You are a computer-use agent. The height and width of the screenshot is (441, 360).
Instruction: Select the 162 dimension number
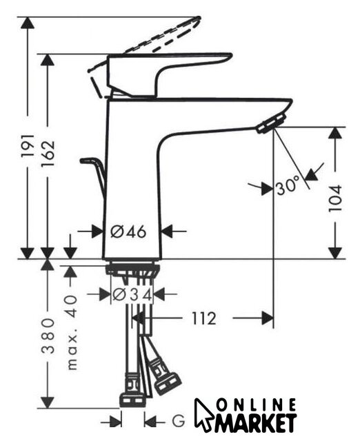click(48, 153)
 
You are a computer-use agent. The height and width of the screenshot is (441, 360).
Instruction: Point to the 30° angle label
click(288, 186)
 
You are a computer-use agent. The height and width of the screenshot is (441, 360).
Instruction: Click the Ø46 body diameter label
click(128, 232)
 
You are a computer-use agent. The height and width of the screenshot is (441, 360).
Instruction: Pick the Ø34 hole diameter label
click(132, 294)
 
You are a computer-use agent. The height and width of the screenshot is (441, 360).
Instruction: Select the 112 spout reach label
click(204, 318)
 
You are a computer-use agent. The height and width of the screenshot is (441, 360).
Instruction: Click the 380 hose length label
click(48, 336)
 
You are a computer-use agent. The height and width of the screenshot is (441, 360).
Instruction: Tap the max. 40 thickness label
click(72, 332)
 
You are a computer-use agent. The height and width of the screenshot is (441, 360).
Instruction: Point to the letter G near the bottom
click(179, 421)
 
